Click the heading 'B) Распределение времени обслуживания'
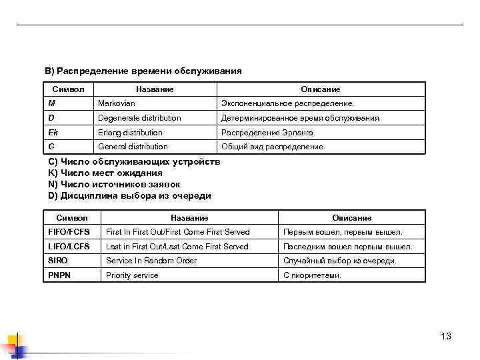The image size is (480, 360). point(143,71)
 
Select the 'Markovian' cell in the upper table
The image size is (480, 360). point(117,104)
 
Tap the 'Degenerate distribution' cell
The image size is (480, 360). point(139,118)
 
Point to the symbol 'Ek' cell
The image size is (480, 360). point(53,133)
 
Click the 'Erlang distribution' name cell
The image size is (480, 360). point(130,133)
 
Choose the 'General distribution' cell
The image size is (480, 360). point(133,147)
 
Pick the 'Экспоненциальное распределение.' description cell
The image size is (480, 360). point(288,104)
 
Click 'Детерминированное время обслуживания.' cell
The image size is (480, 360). point(301,118)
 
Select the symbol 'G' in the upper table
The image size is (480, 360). point(51,147)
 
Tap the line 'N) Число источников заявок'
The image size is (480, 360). point(114,185)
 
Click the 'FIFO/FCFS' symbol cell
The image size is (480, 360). point(69,232)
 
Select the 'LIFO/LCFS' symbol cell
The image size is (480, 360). point(69,247)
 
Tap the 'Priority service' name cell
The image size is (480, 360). point(132,275)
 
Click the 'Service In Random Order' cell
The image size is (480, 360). point(151,261)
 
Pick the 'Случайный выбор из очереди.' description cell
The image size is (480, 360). point(339,261)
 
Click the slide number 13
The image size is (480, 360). point(446,337)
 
